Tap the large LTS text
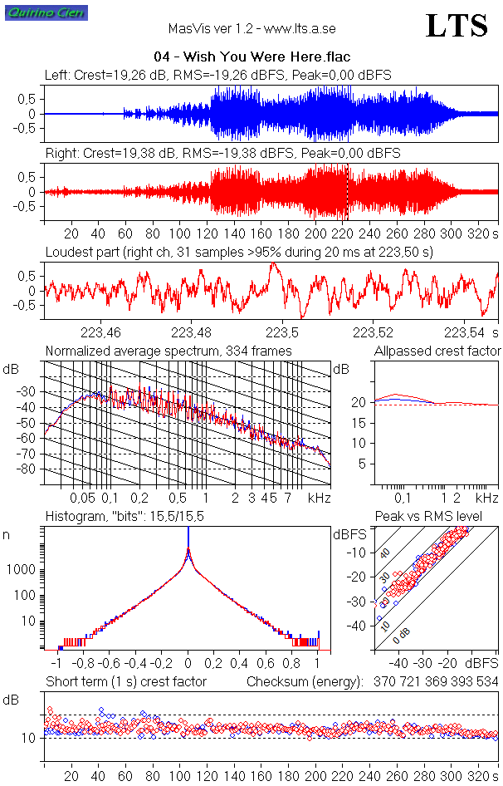point(456,27)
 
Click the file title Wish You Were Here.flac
point(251,57)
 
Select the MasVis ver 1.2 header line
point(251,28)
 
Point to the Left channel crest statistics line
point(218,75)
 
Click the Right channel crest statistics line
point(222,153)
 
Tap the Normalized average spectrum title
point(168,351)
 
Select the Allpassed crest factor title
point(437,351)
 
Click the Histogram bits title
point(125,517)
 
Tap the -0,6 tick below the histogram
point(109,665)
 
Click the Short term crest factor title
point(126,682)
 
